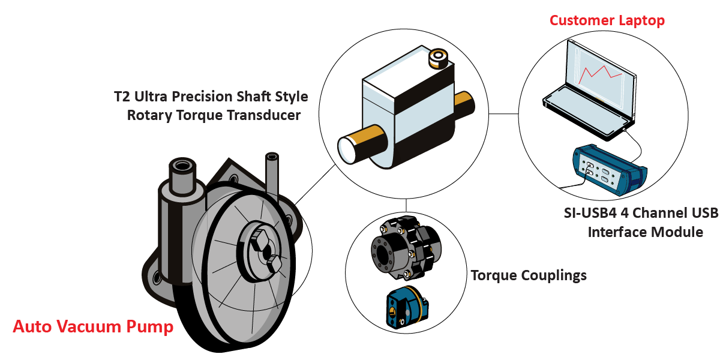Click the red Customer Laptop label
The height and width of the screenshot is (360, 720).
pos(607,20)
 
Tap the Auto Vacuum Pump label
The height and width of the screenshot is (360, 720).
pos(93,327)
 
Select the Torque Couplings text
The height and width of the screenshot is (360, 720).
pos(528,275)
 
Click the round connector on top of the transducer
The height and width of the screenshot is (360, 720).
pos(437,58)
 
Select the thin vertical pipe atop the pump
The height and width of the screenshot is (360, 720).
pos(272,174)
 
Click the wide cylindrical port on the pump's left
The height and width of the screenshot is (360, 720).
pos(181,177)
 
